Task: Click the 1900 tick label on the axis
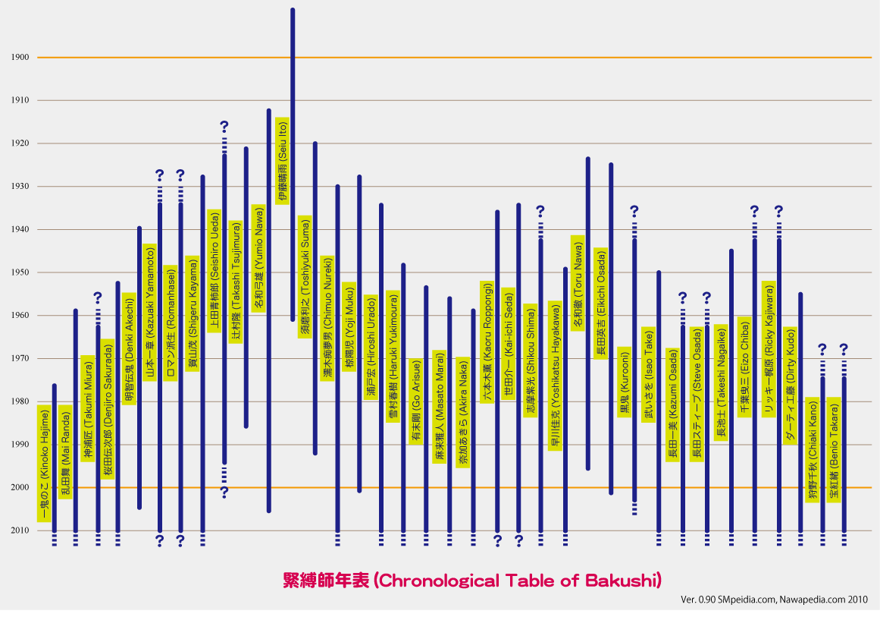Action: [20, 58]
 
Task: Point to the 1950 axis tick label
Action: [20, 272]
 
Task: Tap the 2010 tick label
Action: [20, 530]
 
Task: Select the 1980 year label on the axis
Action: [20, 401]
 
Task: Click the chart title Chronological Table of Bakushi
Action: [472, 581]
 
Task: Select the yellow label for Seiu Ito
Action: [282, 160]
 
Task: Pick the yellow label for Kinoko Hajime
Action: [45, 463]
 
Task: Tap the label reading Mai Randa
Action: [65, 452]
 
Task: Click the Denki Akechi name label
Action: [129, 348]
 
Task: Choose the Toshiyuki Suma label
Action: [305, 276]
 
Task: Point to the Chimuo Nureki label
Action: [327, 318]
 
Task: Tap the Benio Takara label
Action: [834, 449]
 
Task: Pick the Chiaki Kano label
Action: [813, 449]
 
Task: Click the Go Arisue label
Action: [415, 401]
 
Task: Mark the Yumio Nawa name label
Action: [258, 259]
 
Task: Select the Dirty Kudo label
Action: [790, 386]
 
